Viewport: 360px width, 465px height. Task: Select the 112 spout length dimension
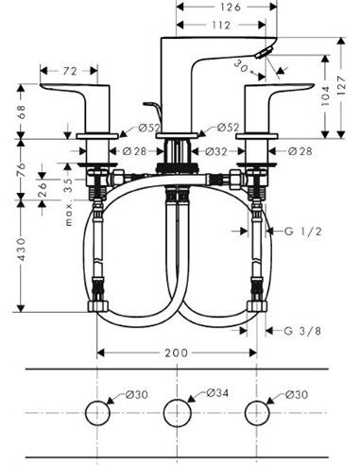coord(223,25)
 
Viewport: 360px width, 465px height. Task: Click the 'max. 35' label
coord(67,193)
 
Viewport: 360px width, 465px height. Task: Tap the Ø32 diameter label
coord(216,149)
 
